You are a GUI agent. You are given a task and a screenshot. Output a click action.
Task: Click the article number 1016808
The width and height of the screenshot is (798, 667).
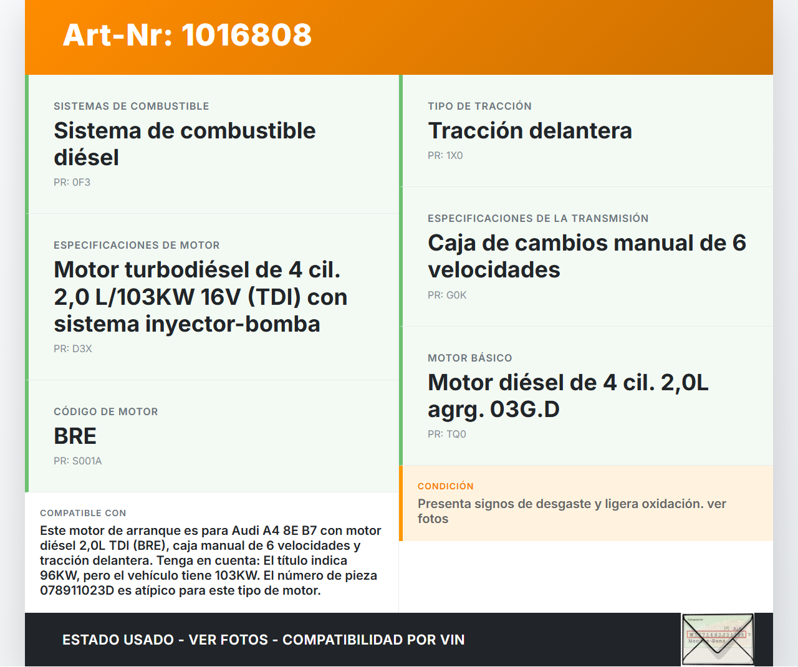point(246,35)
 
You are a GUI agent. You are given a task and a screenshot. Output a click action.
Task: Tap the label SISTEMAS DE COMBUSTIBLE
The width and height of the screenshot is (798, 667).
point(132,106)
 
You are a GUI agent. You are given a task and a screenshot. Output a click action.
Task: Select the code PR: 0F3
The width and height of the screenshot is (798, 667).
point(72,182)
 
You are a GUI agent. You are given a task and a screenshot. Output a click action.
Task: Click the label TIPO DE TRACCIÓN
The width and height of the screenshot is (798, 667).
point(479,106)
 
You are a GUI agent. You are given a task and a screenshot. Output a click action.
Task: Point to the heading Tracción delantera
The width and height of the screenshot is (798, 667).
point(530,131)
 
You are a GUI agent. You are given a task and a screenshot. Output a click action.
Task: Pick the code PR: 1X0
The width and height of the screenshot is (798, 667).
point(445,156)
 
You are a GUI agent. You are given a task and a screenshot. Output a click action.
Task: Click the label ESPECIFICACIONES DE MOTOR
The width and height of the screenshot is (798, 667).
point(137,246)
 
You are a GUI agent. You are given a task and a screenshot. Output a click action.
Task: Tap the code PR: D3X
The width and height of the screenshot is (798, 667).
point(72,348)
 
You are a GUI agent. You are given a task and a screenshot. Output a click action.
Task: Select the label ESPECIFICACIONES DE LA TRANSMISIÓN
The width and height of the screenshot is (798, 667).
point(538,218)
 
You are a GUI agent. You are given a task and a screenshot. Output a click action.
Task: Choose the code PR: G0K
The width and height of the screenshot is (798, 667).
point(447,295)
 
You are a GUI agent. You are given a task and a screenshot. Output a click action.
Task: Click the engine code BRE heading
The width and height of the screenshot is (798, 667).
point(75,436)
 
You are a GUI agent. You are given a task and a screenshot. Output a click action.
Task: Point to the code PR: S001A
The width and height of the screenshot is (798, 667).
point(77,461)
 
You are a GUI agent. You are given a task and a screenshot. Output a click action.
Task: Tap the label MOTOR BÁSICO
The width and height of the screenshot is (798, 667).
point(470,358)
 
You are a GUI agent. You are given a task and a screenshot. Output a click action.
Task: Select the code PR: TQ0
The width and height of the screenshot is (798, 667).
point(447,434)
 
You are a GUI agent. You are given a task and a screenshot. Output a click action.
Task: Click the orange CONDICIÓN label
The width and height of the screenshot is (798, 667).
point(446,486)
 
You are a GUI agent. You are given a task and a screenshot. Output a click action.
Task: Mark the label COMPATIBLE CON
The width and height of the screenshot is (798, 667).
point(83,513)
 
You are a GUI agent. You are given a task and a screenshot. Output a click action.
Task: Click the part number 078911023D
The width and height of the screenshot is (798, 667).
point(77,590)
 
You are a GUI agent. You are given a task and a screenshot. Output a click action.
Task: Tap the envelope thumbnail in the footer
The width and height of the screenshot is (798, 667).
point(718,639)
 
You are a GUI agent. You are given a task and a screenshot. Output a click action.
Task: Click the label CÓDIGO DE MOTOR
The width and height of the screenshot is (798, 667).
point(106,411)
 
